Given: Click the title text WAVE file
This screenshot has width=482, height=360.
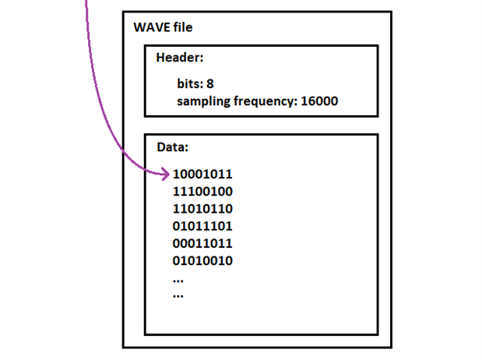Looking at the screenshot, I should pos(163,28).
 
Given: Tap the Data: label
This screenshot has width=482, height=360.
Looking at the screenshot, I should pos(173,146).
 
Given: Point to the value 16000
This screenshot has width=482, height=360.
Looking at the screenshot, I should pos(319,101).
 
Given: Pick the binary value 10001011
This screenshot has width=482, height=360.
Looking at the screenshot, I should pos(202,174).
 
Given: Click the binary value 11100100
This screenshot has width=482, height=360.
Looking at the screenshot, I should pos(202,191).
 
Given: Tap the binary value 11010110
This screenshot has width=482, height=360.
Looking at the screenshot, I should pos(202,208).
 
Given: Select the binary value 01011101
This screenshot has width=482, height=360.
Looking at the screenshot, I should pos(202,226).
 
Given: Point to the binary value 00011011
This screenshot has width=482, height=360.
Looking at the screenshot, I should pos(202,243).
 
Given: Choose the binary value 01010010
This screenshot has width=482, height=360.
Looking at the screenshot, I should pos(202,260).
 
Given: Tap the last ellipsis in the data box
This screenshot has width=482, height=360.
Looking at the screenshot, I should pos(178,296).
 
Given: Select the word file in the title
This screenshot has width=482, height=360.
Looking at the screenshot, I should pos(182,28).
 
